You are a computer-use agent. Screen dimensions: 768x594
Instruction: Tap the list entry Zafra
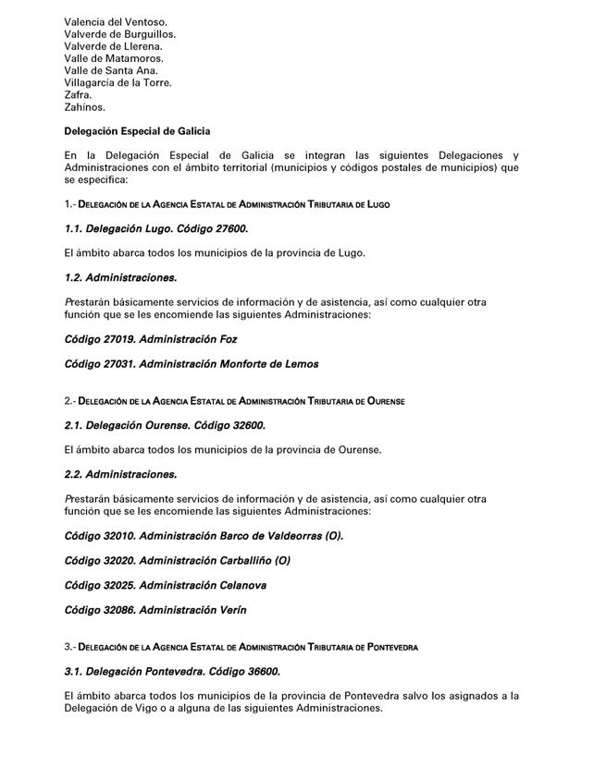pos(78,94)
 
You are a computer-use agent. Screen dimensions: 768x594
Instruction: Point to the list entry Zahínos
pos(84,106)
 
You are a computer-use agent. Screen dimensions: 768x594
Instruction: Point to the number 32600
pos(245,425)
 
